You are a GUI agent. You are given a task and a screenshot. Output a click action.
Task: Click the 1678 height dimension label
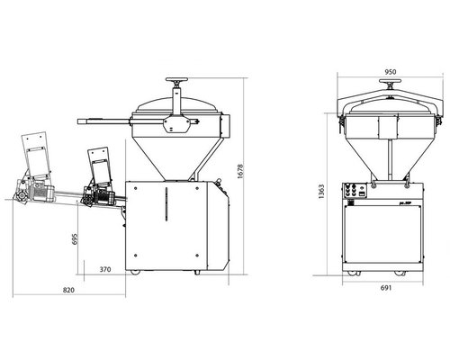(240, 171)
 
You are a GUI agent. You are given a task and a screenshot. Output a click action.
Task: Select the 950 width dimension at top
(391, 72)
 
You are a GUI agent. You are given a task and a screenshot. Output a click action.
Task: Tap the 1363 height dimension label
(321, 192)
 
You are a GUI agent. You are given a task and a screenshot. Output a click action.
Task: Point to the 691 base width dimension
(386, 288)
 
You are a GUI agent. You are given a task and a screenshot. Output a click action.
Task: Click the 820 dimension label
(68, 290)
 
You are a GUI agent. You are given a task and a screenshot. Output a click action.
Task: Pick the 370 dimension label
(105, 269)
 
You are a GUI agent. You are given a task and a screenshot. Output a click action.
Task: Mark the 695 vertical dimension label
(75, 239)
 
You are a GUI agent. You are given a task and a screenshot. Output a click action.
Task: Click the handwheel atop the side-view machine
(176, 80)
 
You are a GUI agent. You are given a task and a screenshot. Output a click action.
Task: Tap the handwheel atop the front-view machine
(390, 81)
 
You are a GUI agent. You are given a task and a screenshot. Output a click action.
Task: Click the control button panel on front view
(355, 191)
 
